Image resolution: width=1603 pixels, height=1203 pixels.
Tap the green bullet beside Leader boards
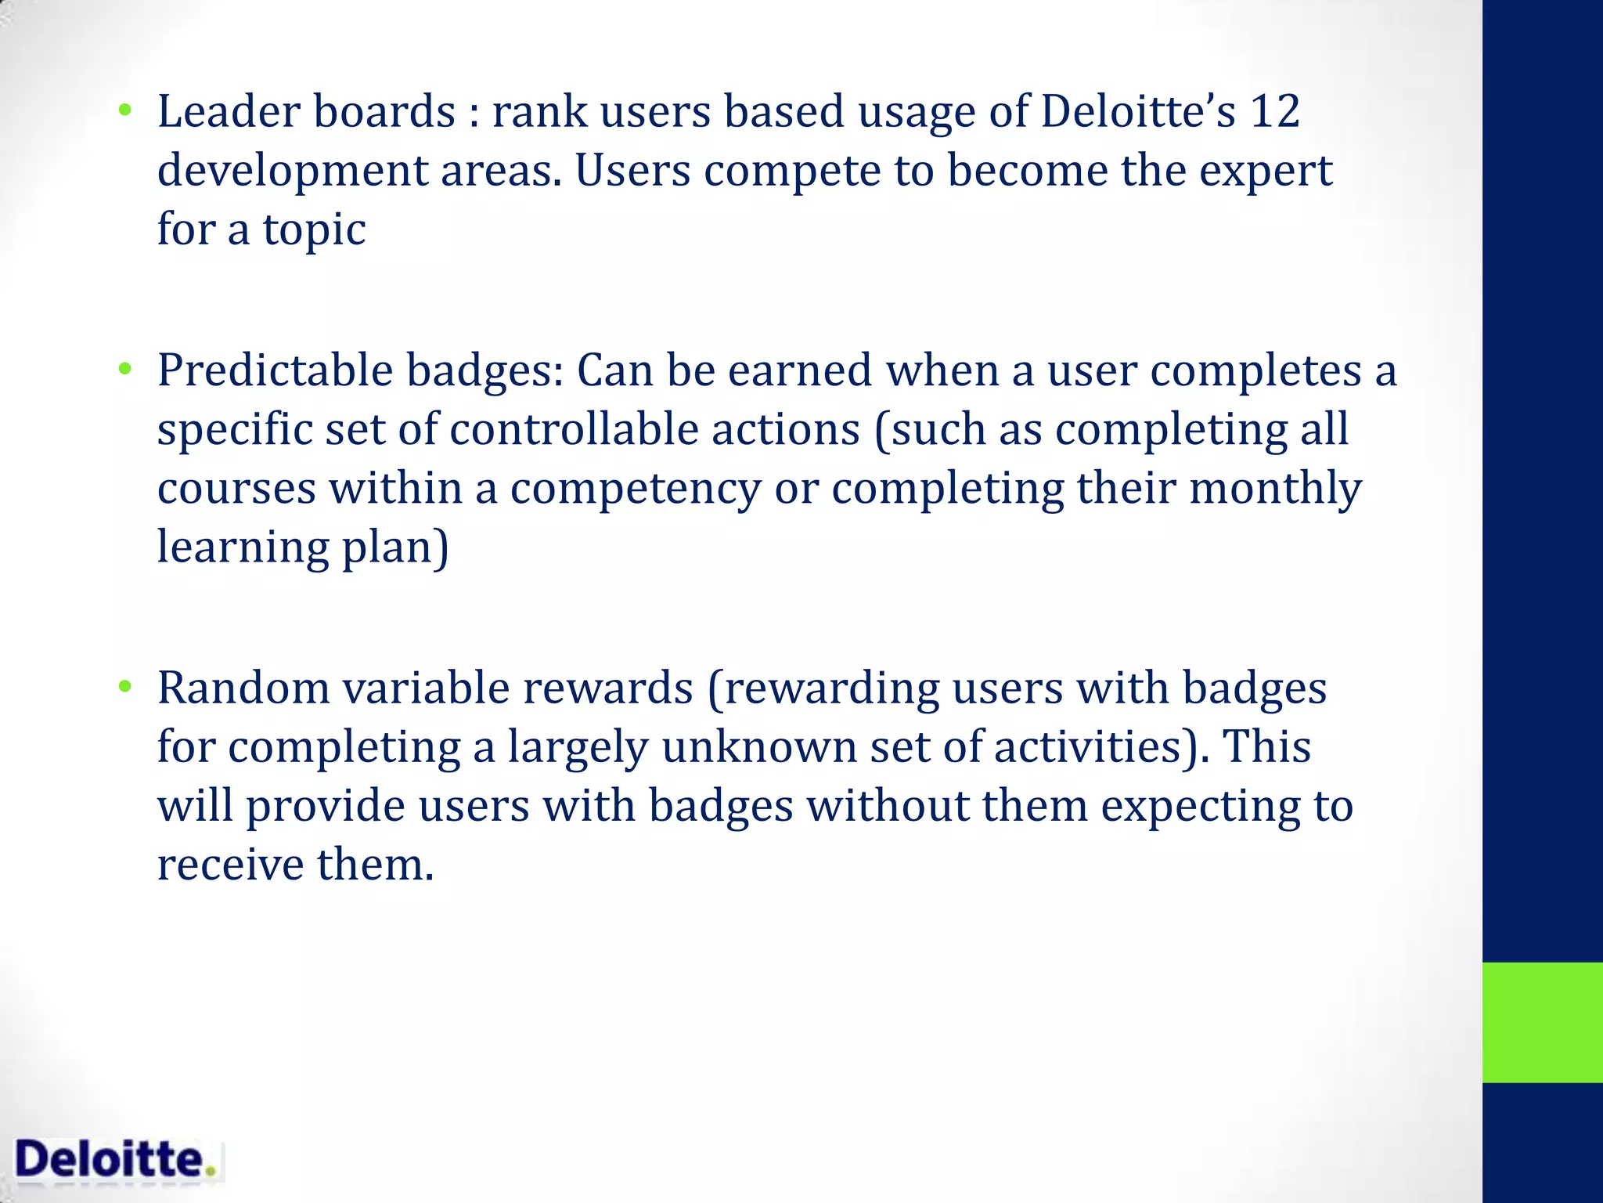pos(124,111)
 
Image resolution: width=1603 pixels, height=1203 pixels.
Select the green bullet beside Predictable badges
pos(124,370)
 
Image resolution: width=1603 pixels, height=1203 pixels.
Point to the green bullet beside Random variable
pos(124,688)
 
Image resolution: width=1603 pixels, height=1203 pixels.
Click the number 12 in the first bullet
pos(1274,111)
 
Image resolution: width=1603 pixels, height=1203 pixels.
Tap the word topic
pos(313,231)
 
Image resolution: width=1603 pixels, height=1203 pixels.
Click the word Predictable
pos(274,370)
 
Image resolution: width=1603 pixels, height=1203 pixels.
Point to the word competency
pos(635,489)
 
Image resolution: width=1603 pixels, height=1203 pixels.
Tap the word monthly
pos(1275,489)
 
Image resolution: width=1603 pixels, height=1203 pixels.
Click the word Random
pos(243,688)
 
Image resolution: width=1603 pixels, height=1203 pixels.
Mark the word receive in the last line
pos(230,865)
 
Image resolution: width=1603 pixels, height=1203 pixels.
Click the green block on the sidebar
pos(1542,1022)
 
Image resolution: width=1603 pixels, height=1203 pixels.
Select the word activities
pos(1095,747)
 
